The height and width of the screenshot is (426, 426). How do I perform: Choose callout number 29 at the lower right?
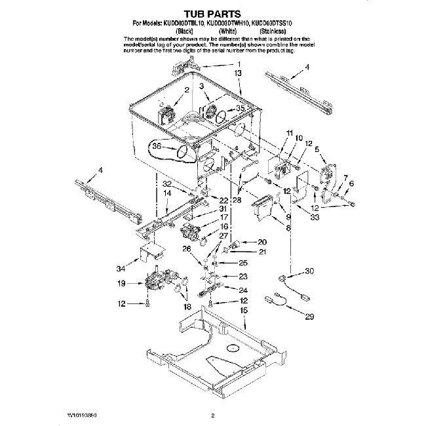click(309, 317)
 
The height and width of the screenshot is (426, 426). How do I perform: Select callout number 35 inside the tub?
click(240, 108)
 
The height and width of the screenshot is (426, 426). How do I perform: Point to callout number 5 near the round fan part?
click(318, 149)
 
